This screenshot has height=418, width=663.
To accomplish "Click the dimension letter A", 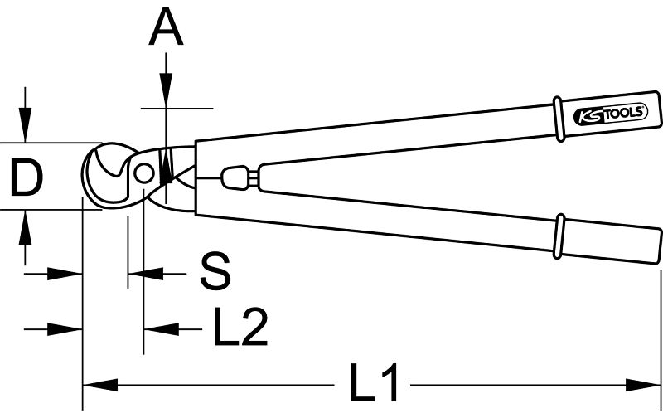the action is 167,27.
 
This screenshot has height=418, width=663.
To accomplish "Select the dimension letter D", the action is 27,177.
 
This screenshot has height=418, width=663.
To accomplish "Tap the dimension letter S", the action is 215,271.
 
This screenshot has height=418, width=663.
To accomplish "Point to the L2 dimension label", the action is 240,326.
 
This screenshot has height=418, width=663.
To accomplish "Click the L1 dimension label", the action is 374,382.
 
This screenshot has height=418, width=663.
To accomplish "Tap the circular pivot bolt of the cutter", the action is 143,173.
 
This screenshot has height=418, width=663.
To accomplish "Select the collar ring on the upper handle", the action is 558,119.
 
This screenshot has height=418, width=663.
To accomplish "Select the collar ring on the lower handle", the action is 559,236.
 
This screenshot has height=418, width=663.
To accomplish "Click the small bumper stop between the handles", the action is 235,177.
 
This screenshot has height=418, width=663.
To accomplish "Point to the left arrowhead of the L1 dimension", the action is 99,385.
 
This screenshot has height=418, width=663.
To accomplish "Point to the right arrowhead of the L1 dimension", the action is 643,385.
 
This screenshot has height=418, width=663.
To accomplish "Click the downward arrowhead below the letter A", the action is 167,90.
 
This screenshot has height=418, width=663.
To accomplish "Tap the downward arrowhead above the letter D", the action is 25,124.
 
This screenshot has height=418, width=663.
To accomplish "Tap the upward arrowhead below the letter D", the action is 25,227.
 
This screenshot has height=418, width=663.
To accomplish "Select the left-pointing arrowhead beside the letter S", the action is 146,274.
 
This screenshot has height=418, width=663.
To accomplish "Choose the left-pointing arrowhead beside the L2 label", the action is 162,328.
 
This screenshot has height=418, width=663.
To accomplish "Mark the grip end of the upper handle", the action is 609,114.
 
